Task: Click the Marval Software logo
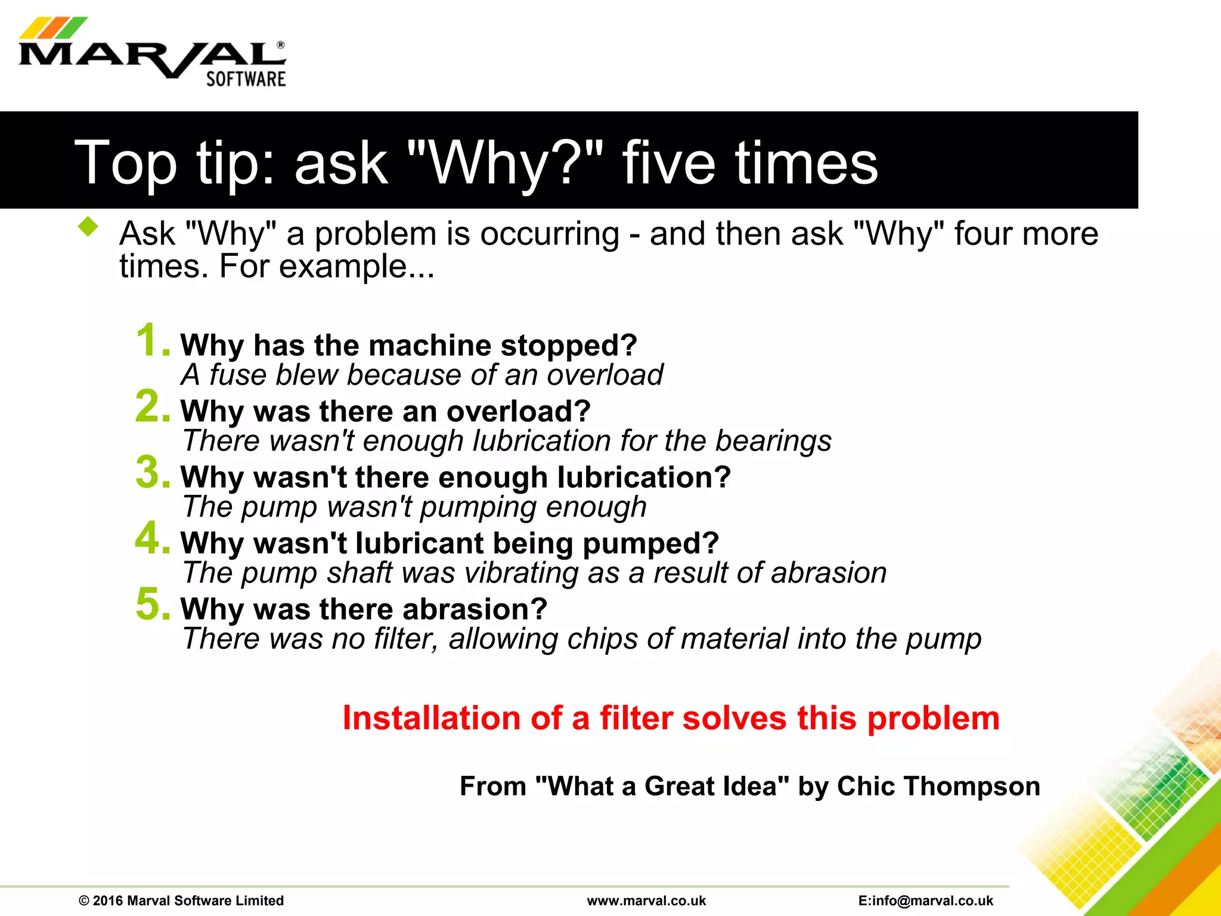[153, 54]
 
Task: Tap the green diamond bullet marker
[88, 227]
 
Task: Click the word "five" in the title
[668, 163]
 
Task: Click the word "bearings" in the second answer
[773, 441]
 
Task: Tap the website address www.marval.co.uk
[646, 900]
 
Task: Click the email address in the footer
[926, 900]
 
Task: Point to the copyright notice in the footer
[181, 900]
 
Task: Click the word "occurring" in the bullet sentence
[550, 234]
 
